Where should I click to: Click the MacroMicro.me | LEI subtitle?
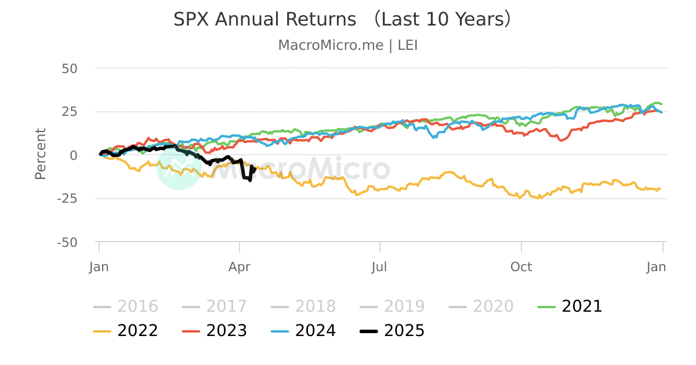(348, 45)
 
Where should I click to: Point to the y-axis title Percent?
(40, 154)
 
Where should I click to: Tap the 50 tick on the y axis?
(70, 68)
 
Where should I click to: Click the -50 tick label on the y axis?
(67, 242)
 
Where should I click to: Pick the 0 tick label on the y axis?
(74, 155)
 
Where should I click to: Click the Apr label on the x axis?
(240, 267)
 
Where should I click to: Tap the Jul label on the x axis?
(380, 267)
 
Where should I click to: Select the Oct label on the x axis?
(521, 267)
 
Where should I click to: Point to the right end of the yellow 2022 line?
(660, 188)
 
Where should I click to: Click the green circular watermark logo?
(179, 167)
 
